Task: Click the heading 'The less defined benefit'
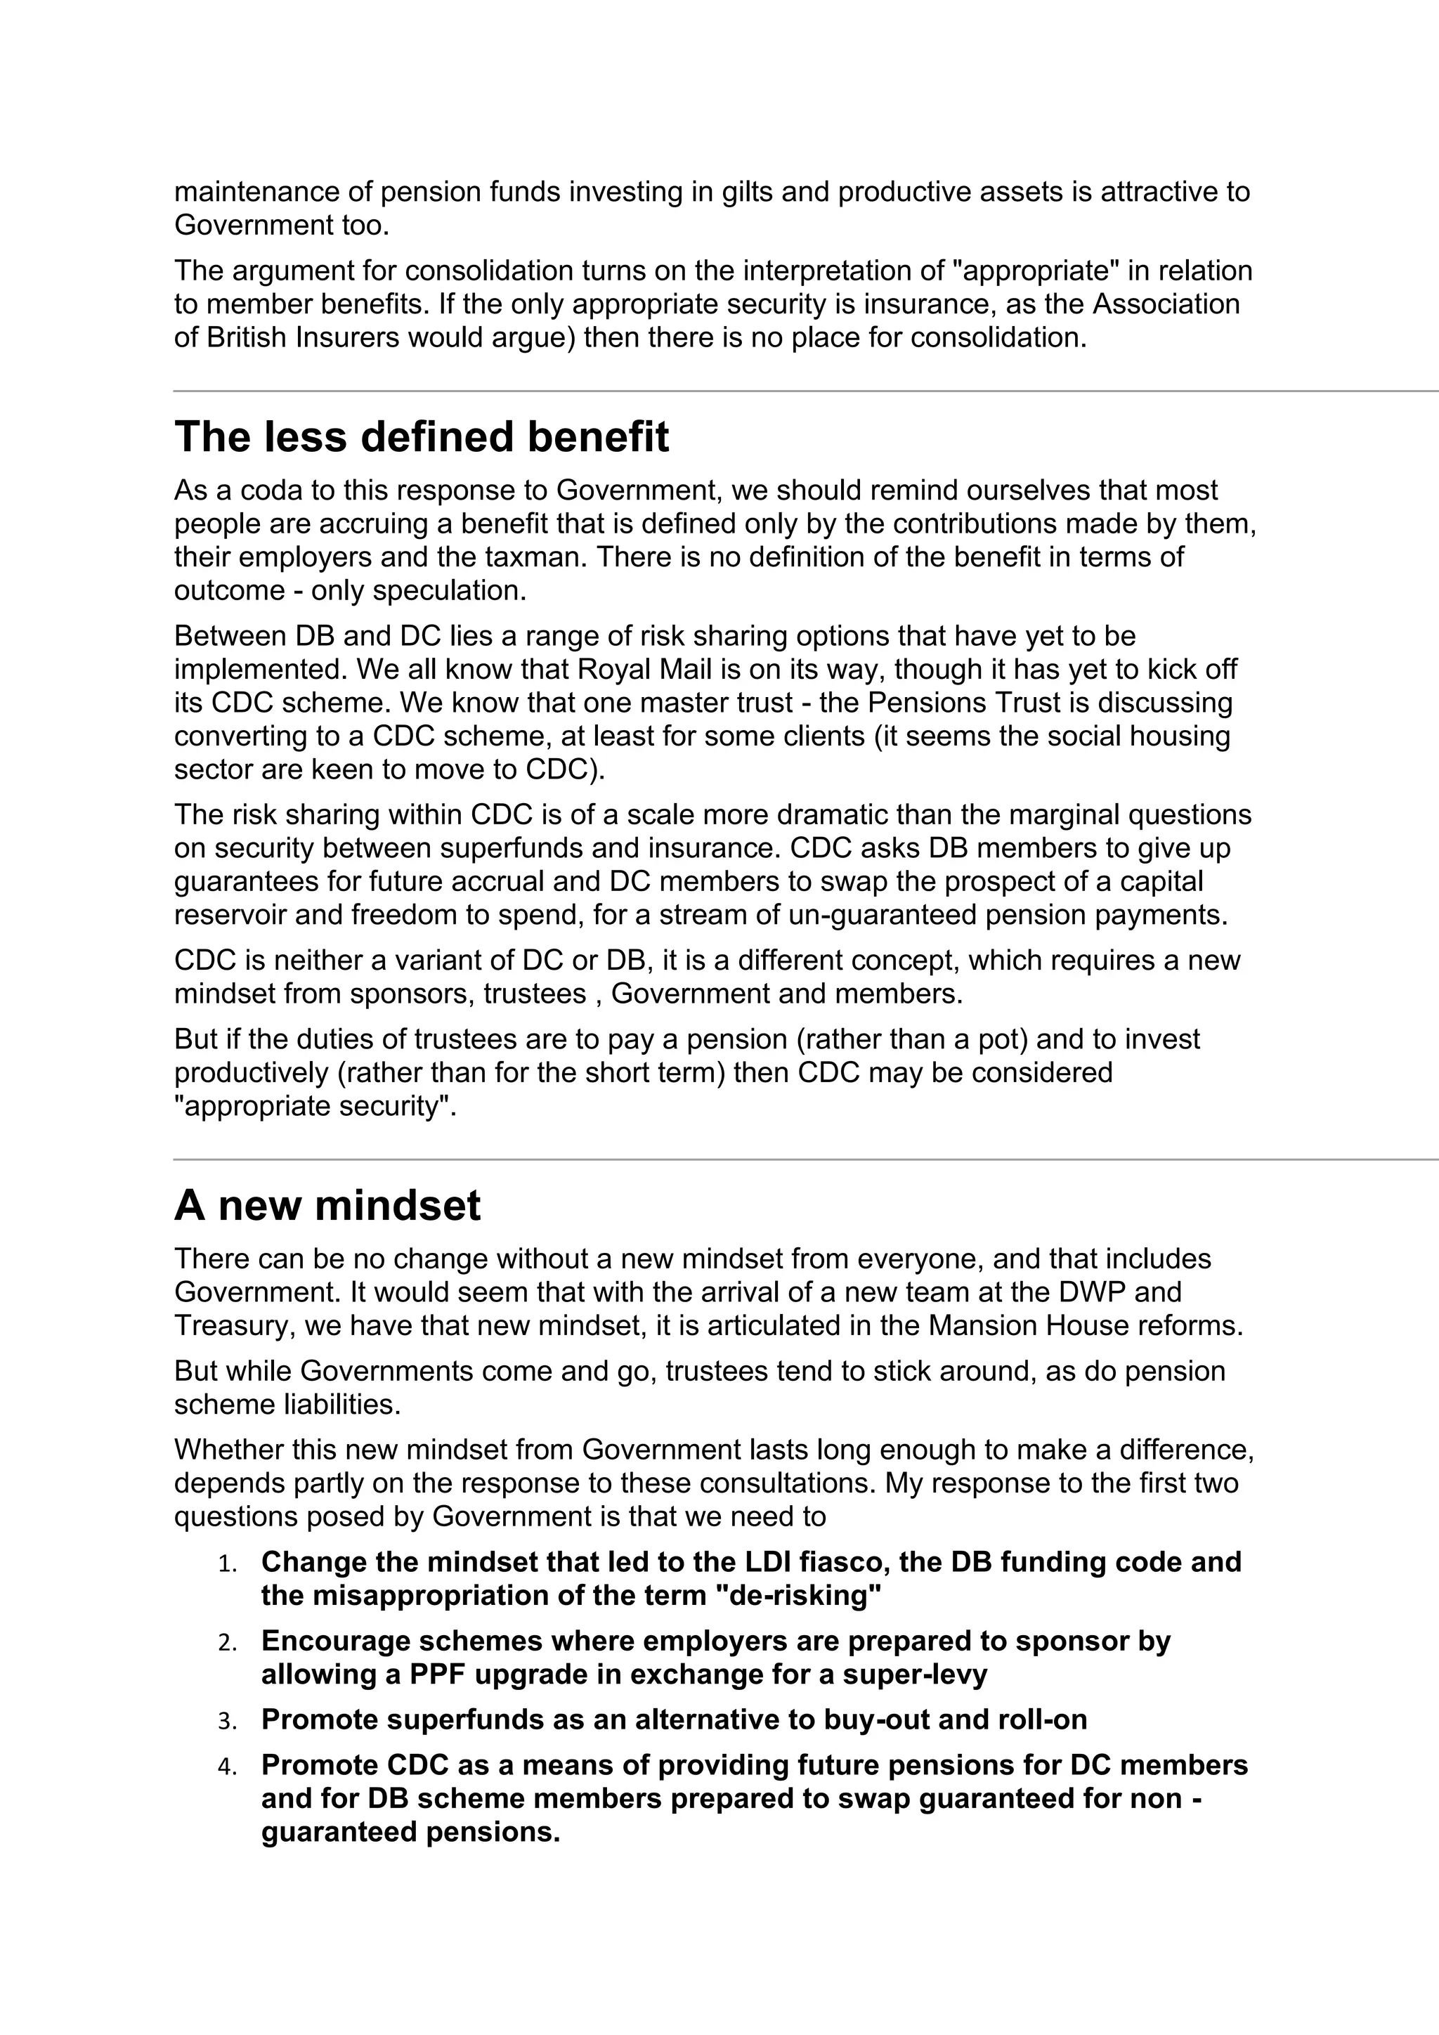pos(421,437)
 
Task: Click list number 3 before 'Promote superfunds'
pos(228,1721)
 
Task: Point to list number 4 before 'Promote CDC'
pos(228,1767)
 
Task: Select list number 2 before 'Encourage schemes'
pos(228,1642)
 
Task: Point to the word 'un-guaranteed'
pos(888,915)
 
